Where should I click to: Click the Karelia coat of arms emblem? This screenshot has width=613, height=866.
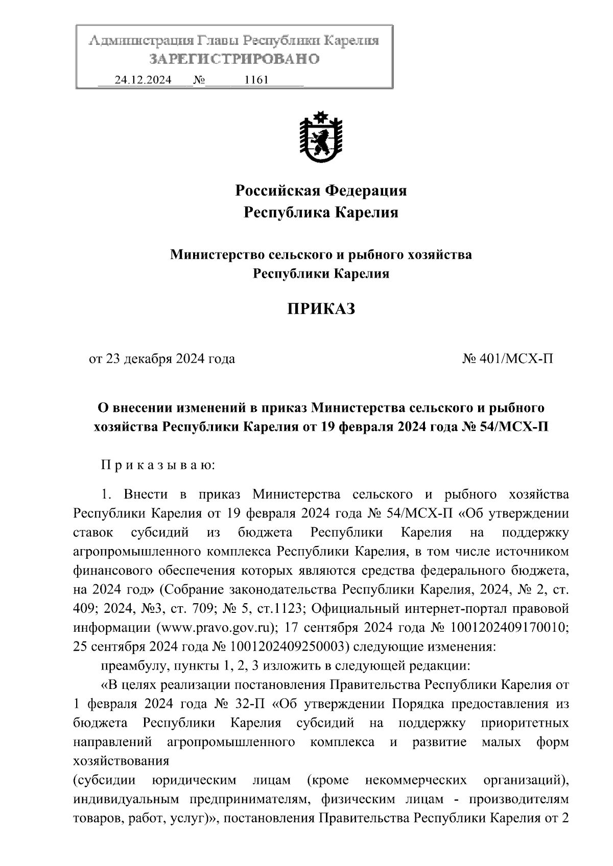pyautogui.click(x=321, y=136)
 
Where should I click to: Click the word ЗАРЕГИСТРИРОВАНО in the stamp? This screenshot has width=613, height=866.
pyautogui.click(x=234, y=59)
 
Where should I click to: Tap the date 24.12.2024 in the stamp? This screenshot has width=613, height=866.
pyautogui.click(x=143, y=80)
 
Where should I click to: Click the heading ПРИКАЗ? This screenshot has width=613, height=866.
pyautogui.click(x=321, y=309)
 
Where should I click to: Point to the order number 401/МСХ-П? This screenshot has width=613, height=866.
pyautogui.click(x=516, y=359)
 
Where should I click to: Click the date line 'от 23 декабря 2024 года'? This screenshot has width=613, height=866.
pyautogui.click(x=162, y=359)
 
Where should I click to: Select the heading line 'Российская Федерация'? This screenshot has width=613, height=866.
pyautogui.click(x=321, y=191)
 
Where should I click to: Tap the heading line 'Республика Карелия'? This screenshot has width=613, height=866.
pyautogui.click(x=321, y=212)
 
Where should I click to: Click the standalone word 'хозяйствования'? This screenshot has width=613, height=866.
pyautogui.click(x=121, y=761)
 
